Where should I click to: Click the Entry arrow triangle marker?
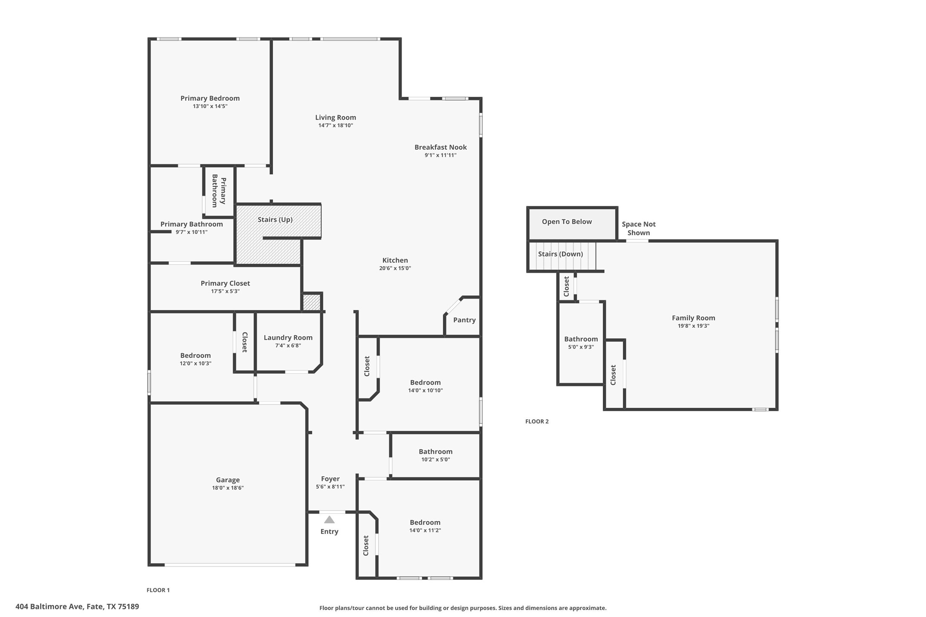click(329, 519)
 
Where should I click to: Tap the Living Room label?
click(336, 117)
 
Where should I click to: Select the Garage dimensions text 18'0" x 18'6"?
click(228, 488)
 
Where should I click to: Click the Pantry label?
click(464, 320)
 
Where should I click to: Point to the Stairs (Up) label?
click(275, 219)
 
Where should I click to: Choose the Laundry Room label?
click(288, 337)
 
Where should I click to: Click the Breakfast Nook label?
click(440, 147)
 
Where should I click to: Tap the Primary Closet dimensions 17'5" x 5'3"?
click(225, 291)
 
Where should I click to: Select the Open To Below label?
click(567, 222)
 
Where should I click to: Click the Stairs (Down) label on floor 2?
click(560, 254)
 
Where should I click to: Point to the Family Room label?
click(693, 318)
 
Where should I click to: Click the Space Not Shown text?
click(639, 228)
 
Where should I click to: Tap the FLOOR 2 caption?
click(537, 421)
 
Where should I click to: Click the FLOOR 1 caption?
click(158, 590)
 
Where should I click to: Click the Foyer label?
click(330, 479)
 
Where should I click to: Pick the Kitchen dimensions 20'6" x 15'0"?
click(395, 268)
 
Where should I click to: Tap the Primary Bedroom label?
click(210, 98)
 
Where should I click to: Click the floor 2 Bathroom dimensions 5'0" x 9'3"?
click(581, 347)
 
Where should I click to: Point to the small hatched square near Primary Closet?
click(311, 302)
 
